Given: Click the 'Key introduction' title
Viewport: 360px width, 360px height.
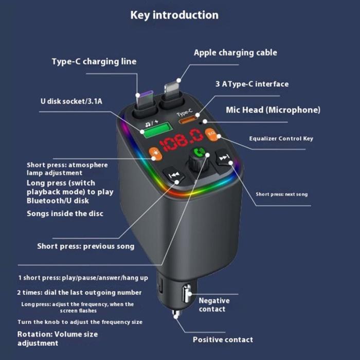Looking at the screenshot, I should point(174,15).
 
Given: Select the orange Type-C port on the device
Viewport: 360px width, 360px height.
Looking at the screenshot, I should point(187,121).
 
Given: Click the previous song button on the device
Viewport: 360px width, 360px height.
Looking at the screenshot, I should point(174,176).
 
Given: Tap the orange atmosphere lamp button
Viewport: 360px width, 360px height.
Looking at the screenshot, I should point(154,152).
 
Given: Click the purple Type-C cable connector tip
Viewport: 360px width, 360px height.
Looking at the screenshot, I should point(143,96).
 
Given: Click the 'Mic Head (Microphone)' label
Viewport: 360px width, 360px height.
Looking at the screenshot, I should point(273,110).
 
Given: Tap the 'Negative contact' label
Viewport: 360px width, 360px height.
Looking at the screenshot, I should point(214,304).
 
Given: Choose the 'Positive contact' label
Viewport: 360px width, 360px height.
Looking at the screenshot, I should point(223,339).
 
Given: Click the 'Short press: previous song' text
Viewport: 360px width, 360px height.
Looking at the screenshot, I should point(85,246).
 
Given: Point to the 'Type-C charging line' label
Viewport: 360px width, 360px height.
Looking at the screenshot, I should point(94,62).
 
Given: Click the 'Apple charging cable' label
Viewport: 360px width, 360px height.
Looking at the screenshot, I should point(235,52).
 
